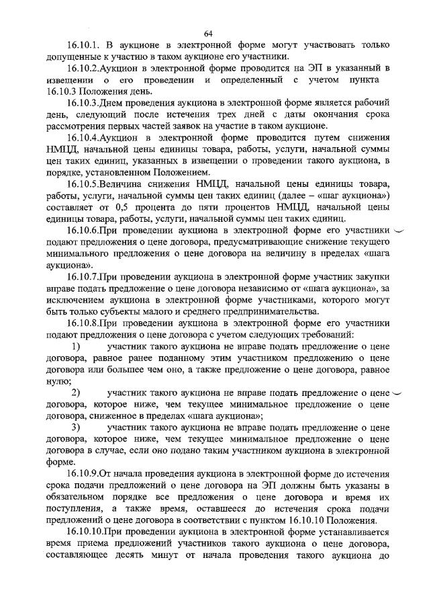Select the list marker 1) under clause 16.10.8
[x=76, y=346]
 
